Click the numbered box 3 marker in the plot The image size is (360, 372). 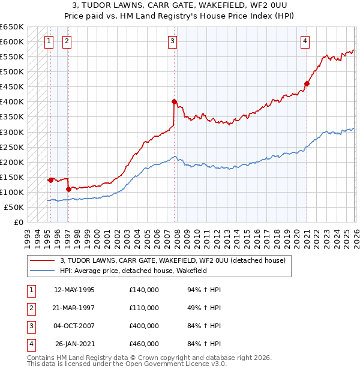[x=172, y=41]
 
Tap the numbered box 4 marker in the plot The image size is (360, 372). [x=305, y=41]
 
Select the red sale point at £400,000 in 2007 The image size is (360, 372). [x=174, y=101]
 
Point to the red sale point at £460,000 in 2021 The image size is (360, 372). [x=307, y=83]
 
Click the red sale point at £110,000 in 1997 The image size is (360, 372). [x=68, y=189]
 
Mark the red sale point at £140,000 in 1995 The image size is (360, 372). [x=50, y=179]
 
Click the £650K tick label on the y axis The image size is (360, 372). [x=12, y=27]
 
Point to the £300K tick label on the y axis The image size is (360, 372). [x=12, y=132]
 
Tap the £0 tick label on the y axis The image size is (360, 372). [x=18, y=222]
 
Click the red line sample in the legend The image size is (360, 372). [x=43, y=260]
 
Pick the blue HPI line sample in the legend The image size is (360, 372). [x=43, y=271]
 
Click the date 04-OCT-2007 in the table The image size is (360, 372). [x=74, y=326]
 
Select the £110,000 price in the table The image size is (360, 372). [x=143, y=308]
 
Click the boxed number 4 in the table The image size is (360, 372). [x=31, y=344]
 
